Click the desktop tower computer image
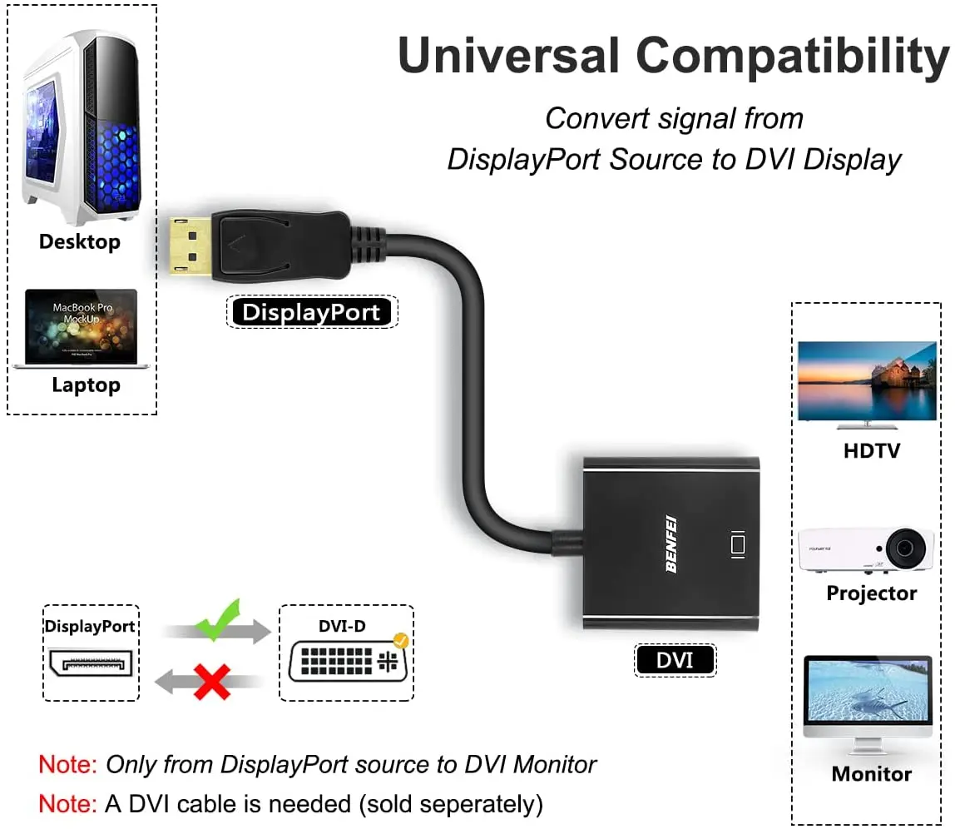(x=81, y=125)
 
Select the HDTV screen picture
(x=867, y=382)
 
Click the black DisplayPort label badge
(x=312, y=313)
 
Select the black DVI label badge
(x=675, y=660)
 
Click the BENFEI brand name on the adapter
(x=670, y=544)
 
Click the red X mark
(x=213, y=682)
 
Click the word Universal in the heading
(x=508, y=56)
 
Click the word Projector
(x=871, y=593)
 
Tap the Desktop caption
(x=80, y=242)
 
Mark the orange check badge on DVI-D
(x=401, y=641)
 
